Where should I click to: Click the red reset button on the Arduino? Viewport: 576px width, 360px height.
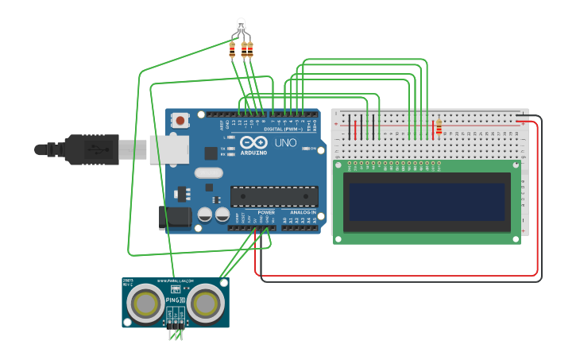pos(181,121)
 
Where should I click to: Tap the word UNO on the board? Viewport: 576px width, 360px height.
pos(285,143)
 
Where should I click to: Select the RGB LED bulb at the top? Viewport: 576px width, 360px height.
pos(242,27)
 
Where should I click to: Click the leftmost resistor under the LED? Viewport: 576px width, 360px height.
pos(232,50)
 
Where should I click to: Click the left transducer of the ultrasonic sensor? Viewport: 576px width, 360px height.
pos(147,303)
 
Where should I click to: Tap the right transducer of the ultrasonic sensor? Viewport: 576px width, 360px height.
pos(205,303)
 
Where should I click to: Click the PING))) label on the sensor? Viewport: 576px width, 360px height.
pos(176,300)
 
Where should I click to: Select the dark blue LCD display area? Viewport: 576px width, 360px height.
pos(427,202)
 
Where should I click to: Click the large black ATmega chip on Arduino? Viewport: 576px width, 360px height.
pos(274,196)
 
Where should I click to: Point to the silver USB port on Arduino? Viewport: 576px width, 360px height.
pos(168,149)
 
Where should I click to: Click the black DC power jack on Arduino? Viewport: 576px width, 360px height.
pos(174,219)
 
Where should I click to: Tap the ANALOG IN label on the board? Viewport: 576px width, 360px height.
pos(302,213)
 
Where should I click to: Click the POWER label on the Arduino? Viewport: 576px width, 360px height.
pos(266,213)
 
